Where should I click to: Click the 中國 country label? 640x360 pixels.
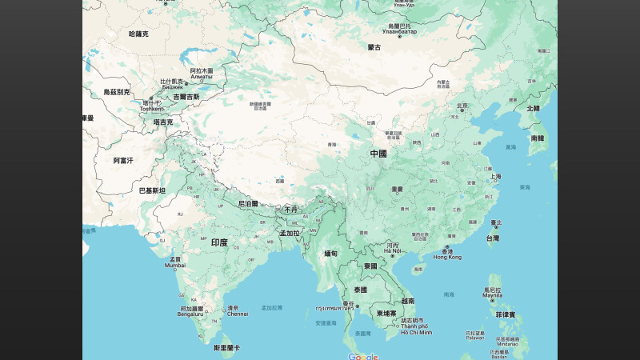click(x=378, y=153)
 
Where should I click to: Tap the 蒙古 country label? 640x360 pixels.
click(x=374, y=47)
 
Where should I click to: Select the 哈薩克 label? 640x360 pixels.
click(x=138, y=34)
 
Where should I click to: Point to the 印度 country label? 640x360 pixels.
click(x=219, y=242)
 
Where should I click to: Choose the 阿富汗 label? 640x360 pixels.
click(x=122, y=160)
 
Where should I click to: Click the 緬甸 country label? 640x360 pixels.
click(x=331, y=253)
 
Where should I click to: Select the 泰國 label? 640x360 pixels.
click(x=359, y=290)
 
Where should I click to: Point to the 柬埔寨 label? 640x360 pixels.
click(x=387, y=314)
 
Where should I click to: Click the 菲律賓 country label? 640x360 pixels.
click(x=505, y=315)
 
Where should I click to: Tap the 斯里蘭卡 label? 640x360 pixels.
click(x=226, y=348)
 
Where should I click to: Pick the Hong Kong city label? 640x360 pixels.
click(x=448, y=257)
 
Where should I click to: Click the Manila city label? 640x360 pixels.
click(x=493, y=295)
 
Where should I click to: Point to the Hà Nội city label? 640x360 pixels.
click(x=392, y=251)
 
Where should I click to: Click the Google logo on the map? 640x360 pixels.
click(x=362, y=356)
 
